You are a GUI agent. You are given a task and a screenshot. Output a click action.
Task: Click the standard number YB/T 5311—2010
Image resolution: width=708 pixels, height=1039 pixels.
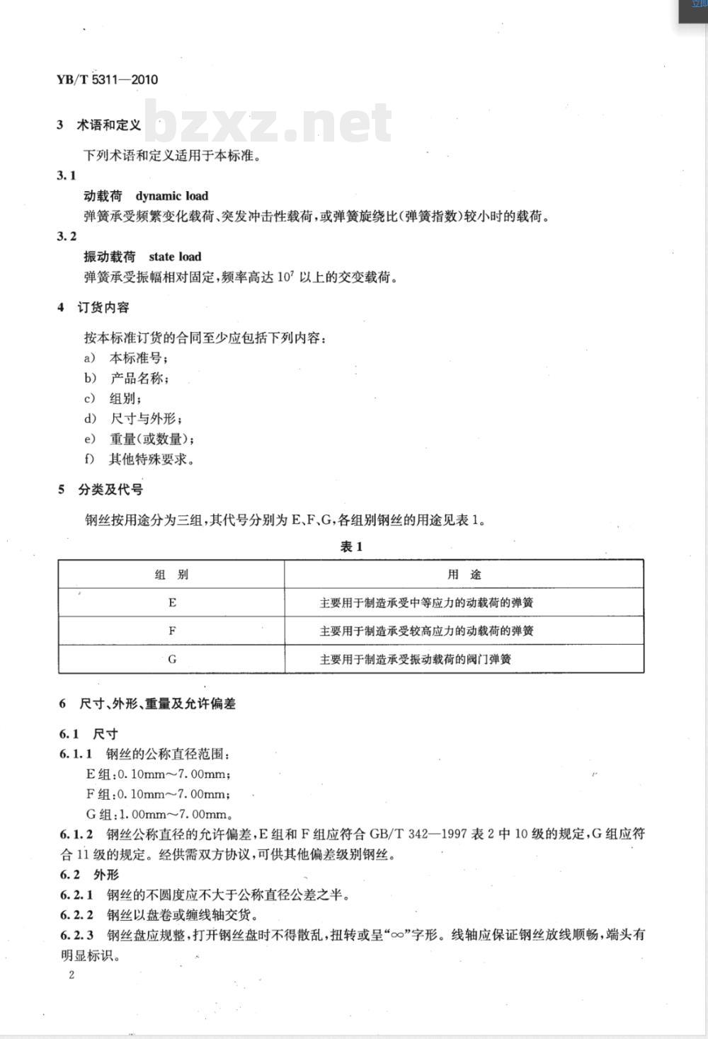tap(107, 79)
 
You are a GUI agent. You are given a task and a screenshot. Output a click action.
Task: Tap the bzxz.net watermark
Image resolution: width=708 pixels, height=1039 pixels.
tap(268, 122)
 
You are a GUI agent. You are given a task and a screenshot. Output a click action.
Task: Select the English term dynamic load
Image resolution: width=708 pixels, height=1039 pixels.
tap(172, 196)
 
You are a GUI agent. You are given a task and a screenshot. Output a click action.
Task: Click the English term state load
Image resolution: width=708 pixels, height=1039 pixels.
tap(175, 257)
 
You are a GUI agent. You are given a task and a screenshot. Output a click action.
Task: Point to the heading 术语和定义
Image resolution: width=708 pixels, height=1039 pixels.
tap(109, 125)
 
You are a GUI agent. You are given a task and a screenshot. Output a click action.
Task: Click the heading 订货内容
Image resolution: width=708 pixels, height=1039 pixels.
tap(103, 308)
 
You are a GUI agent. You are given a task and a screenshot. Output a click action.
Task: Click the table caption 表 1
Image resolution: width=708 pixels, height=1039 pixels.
tap(351, 546)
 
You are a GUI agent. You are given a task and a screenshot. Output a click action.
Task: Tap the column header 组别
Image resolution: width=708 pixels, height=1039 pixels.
tap(171, 575)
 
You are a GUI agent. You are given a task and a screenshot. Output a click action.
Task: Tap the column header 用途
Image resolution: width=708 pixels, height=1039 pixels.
tap(464, 575)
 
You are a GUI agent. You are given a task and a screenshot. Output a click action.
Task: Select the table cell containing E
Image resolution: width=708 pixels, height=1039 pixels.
tap(172, 603)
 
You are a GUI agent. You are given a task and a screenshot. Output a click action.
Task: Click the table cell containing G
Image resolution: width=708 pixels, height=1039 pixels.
tap(172, 659)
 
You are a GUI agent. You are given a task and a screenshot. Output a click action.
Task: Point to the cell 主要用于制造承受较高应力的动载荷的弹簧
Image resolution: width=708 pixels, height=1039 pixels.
tap(426, 631)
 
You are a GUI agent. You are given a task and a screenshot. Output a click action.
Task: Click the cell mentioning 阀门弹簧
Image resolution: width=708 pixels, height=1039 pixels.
tap(416, 660)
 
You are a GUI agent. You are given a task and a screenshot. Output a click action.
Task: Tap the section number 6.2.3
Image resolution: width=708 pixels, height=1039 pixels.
tap(76, 935)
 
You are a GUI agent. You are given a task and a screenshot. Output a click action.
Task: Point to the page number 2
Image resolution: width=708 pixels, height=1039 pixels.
tap(71, 975)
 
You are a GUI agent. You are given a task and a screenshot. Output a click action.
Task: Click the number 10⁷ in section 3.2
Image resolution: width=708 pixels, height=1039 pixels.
tap(286, 277)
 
